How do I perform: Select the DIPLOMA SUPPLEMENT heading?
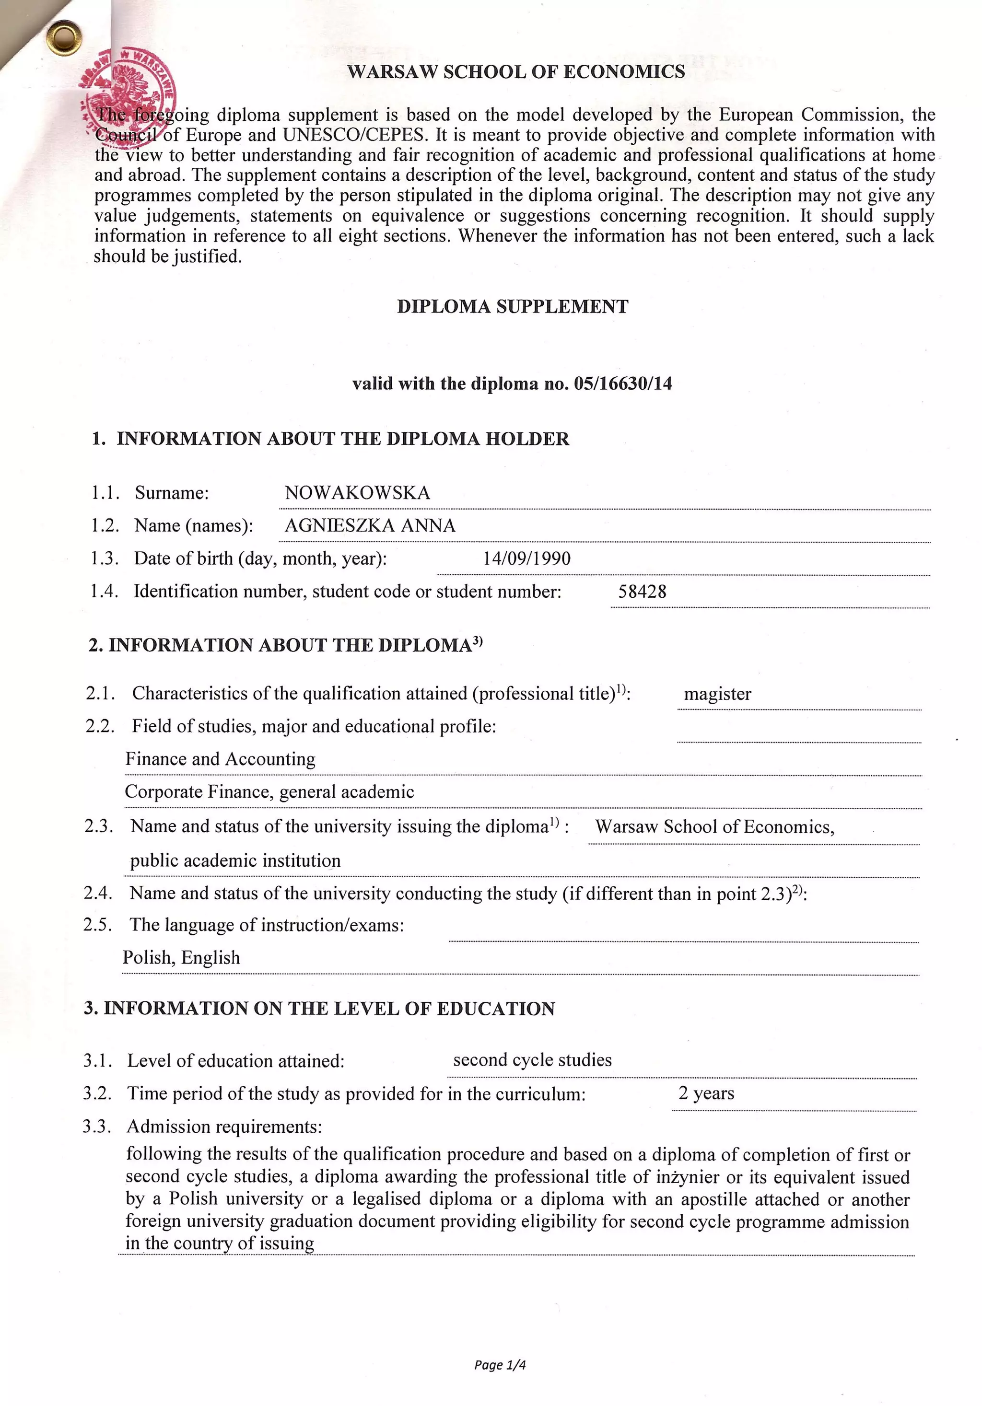click(x=513, y=307)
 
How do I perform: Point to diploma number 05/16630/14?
click(x=622, y=384)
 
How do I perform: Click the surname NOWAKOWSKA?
click(x=357, y=493)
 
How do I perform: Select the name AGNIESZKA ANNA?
click(x=370, y=526)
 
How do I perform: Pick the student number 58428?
click(x=642, y=592)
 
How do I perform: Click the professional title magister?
click(x=717, y=694)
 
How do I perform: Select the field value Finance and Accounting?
click(x=221, y=759)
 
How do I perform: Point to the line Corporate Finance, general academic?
click(x=269, y=792)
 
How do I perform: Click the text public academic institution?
click(x=235, y=861)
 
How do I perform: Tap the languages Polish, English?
click(x=181, y=958)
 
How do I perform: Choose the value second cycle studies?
click(x=532, y=1060)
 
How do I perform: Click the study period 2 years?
click(x=706, y=1093)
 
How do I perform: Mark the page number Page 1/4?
click(x=500, y=1365)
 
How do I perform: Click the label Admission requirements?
click(x=224, y=1127)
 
